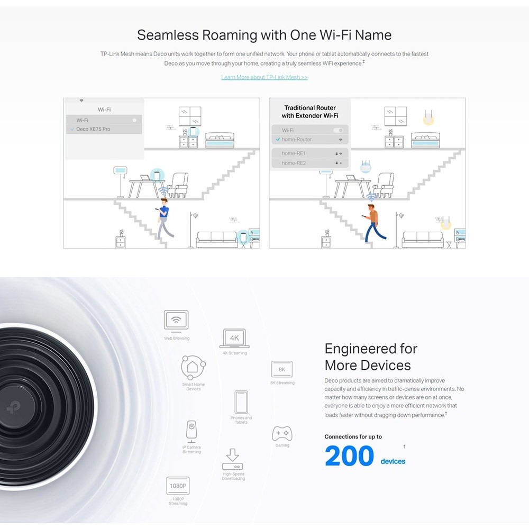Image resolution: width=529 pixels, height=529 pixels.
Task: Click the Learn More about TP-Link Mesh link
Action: pos(264,77)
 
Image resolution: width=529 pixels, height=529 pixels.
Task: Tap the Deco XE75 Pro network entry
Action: pos(93,129)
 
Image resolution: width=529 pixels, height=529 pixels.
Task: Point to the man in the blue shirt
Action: pos(164,217)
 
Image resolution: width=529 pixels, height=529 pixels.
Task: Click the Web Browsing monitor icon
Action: pos(176,320)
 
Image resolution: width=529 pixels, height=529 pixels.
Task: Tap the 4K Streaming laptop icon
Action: pos(234,339)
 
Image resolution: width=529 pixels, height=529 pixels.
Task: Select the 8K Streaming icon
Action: pos(282,369)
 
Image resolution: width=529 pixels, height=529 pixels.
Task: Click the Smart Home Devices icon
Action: pos(193,367)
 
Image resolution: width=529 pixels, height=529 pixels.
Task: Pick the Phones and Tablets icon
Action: pos(241,402)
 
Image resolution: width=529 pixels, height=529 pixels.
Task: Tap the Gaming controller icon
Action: pos(282,433)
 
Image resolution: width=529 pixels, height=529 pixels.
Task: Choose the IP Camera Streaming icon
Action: pos(191,431)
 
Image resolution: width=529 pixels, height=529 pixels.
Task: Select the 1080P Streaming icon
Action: pos(178,486)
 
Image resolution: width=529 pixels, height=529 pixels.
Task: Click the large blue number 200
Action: pos(349,457)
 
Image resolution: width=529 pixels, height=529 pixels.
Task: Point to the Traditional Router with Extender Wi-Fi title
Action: pos(310,112)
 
